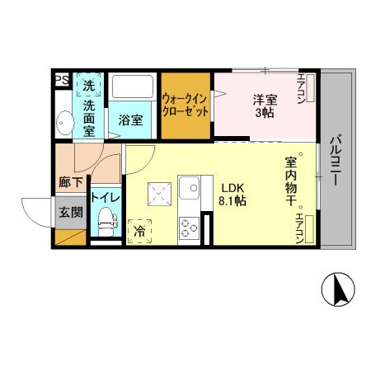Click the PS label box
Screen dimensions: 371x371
pos(61,80)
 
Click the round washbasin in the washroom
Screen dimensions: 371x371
pos(63,124)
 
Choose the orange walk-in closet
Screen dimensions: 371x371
pos(185,104)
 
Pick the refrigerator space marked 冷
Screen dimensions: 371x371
pos(140,230)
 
